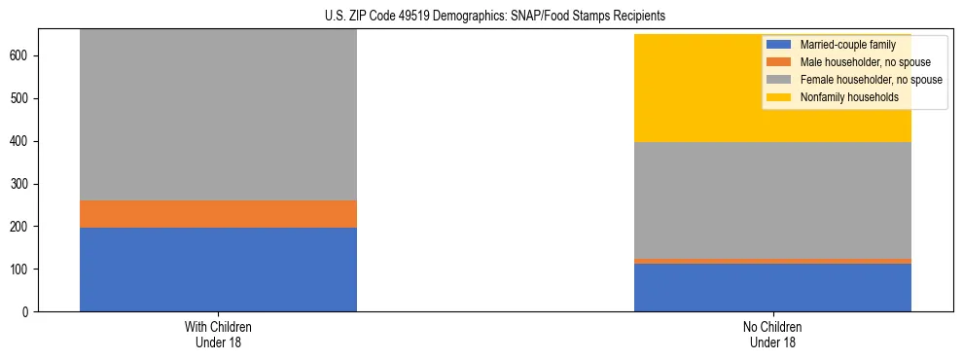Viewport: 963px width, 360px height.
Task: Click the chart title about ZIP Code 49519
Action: pos(481,17)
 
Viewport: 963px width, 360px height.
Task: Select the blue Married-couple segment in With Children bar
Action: pos(218,270)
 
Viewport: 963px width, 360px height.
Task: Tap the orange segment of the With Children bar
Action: pos(218,214)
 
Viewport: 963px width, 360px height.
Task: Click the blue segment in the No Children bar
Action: pos(772,287)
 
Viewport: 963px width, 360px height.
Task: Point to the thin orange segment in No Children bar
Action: pos(772,261)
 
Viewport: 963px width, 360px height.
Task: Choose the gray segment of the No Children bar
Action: pos(772,200)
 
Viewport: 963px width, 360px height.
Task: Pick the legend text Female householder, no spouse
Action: pos(871,80)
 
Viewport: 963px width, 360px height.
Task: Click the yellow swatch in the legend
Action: pos(779,97)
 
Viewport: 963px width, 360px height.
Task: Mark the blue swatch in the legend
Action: pos(779,45)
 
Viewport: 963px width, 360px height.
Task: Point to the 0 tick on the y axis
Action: pos(27,312)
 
